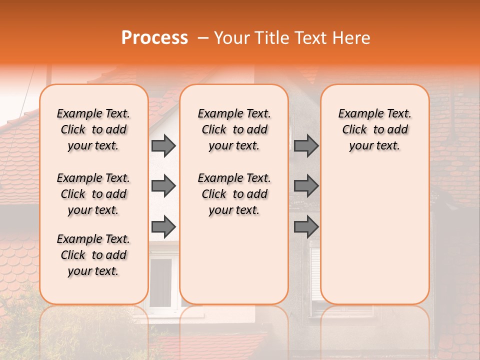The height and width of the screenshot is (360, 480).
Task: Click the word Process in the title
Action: pos(154,38)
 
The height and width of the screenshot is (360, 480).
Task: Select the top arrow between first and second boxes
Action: pos(163,146)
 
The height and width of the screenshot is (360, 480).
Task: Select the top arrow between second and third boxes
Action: pos(306,146)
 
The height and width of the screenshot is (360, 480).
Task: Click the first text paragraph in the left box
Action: pos(93,129)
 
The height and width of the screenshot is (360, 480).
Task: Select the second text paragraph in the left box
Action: pos(93,194)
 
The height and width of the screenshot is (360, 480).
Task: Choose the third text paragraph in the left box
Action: pos(93,255)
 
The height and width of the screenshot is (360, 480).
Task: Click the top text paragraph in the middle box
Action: pos(234,129)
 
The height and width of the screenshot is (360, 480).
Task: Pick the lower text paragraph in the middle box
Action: pos(234,194)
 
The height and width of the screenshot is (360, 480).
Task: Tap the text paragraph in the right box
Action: pos(375,129)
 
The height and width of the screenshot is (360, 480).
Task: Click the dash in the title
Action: pos(202,38)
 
